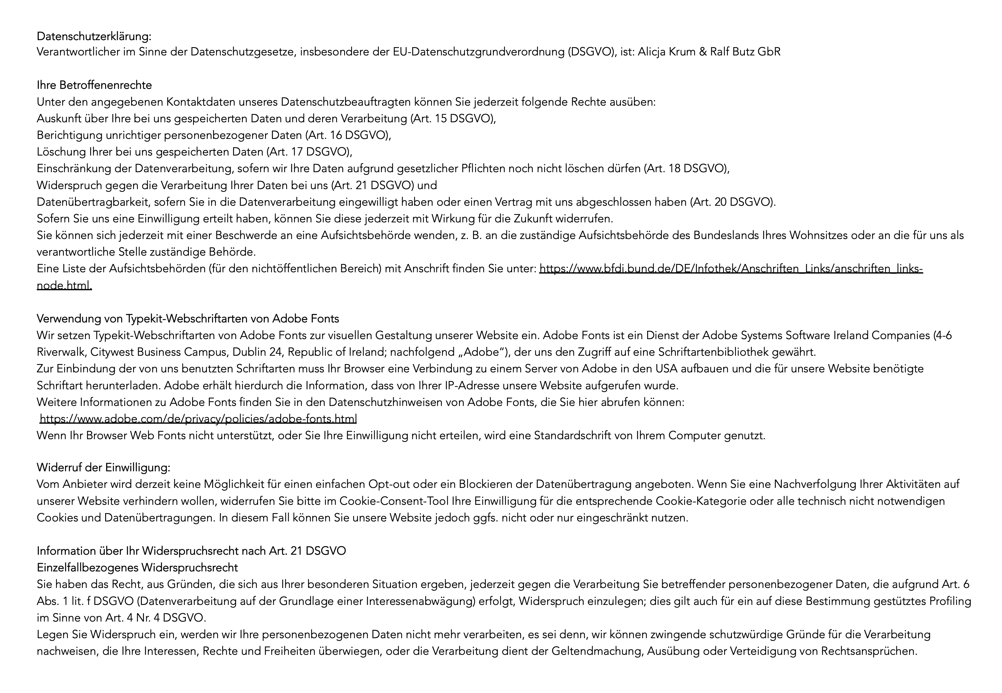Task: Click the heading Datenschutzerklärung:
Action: (94, 36)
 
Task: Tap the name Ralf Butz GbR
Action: (745, 52)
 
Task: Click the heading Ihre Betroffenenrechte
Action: (94, 85)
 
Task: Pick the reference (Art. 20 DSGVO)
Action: (732, 202)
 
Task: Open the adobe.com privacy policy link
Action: (198, 419)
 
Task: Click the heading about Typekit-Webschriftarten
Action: (188, 319)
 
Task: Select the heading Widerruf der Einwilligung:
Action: (103, 468)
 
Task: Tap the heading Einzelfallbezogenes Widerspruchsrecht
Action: (137, 568)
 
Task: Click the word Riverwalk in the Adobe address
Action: (61, 352)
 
